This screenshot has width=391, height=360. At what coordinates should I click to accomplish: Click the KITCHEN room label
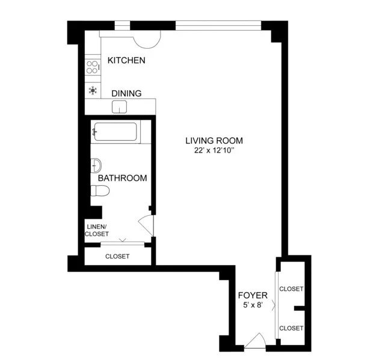[126, 61]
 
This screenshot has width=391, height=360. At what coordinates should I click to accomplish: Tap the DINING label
[126, 94]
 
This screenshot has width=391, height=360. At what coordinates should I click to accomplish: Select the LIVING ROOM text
[214, 141]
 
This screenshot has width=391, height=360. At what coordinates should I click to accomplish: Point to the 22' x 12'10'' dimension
[214, 151]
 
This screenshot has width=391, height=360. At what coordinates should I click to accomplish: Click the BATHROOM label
[123, 178]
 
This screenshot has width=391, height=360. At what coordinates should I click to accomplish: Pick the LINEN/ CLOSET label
[97, 230]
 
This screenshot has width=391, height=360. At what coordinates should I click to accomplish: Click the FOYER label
[253, 295]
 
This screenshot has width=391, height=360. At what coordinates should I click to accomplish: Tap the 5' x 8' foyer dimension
[253, 306]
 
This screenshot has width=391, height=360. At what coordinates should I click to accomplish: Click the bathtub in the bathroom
[115, 132]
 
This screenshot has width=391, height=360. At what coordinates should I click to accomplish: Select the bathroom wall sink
[96, 165]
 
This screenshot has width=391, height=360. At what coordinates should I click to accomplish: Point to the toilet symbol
[100, 191]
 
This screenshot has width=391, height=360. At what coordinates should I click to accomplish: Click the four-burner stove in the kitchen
[93, 66]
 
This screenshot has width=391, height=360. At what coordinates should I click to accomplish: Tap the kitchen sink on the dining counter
[120, 107]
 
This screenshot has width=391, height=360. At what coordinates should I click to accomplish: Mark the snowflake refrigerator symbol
[93, 91]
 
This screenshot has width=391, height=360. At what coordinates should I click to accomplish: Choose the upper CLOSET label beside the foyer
[292, 289]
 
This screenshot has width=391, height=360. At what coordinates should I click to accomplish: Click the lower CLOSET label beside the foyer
[292, 328]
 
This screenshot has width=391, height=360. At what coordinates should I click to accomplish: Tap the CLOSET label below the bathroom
[117, 257]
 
